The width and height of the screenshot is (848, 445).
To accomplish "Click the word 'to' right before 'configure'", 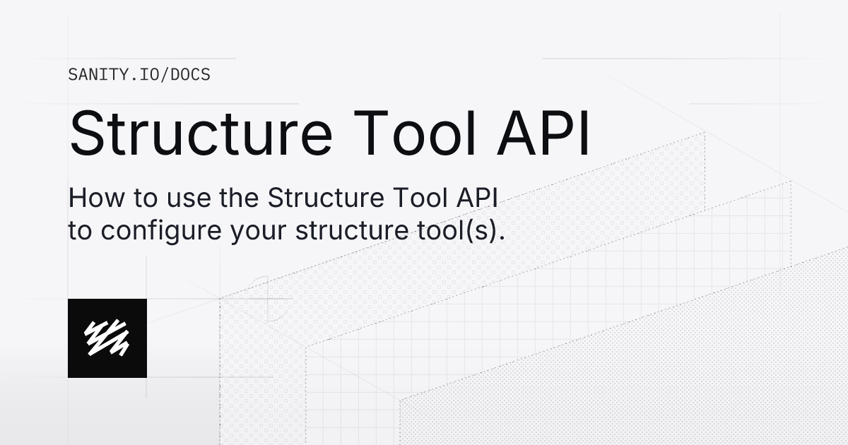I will [80, 232].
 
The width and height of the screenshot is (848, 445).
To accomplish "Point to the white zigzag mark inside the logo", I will [107, 338].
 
